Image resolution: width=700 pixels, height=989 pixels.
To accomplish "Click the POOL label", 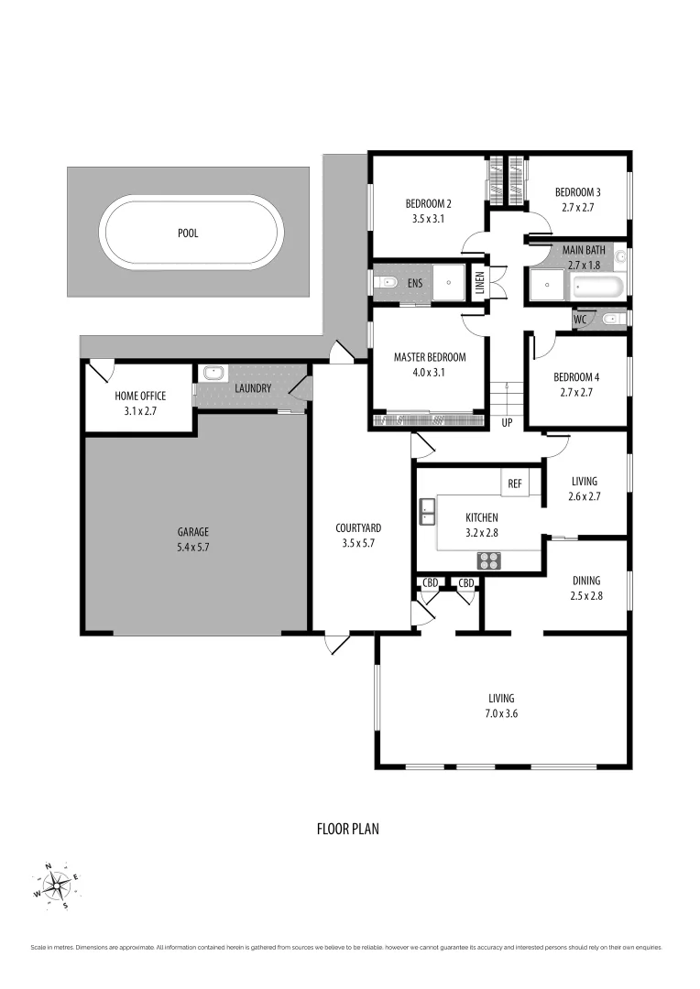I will click(x=188, y=234).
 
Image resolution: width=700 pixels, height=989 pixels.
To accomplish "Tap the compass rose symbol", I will click(x=58, y=886).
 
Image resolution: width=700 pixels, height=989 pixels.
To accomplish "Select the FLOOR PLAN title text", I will click(x=347, y=829).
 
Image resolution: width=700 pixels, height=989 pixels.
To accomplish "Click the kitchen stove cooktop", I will click(x=489, y=560).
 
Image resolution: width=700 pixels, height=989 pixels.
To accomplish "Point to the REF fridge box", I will click(x=514, y=482).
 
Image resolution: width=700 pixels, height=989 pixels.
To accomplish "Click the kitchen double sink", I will click(x=427, y=512).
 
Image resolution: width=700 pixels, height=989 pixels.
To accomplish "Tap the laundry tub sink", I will click(x=213, y=374).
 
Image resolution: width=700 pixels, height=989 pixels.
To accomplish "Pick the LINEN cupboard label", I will click(x=478, y=283).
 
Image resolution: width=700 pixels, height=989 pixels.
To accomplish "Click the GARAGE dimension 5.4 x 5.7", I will click(x=193, y=547).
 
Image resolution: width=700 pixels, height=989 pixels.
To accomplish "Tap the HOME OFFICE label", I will click(x=140, y=396).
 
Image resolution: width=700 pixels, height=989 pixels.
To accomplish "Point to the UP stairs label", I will click(x=507, y=423).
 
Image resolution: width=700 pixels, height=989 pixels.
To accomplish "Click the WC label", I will click(x=579, y=320).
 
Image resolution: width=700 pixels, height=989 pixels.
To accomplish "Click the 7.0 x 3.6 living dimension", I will click(x=501, y=713).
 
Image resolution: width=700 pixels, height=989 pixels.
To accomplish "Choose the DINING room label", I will click(x=586, y=580).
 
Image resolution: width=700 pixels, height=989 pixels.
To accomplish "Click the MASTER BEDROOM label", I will click(x=430, y=357).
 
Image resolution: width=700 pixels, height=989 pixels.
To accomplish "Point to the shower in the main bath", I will click(x=547, y=285).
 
